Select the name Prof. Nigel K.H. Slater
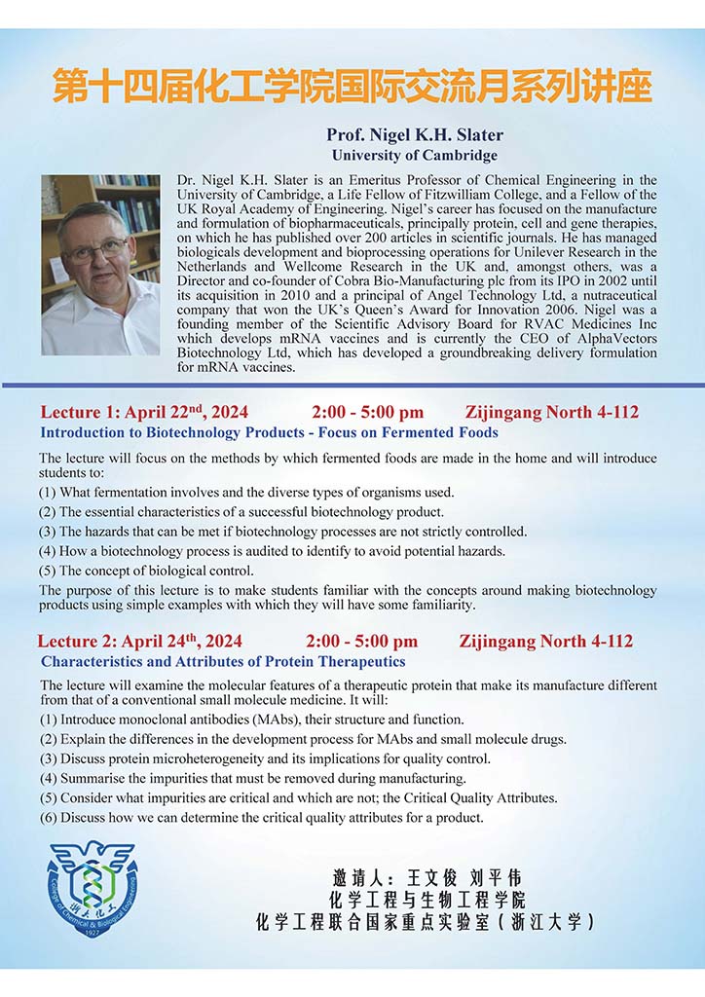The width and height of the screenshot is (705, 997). coord(414,135)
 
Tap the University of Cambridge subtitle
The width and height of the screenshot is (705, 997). coord(414,155)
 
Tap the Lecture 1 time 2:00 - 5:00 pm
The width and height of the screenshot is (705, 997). coord(367,413)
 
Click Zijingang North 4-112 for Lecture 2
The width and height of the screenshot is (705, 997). coord(545,642)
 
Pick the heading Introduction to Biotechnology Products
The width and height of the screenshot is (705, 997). coord(269,432)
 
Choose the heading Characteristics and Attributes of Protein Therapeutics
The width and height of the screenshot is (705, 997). coord(223,661)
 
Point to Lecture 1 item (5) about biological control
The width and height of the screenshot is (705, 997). coord(146,571)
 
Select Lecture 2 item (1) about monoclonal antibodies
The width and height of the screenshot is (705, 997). coord(251,720)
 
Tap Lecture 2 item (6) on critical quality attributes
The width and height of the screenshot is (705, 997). coord(261,817)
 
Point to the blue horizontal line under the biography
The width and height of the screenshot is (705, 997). coord(352,387)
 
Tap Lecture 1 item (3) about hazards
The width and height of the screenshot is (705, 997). coord(282,532)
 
